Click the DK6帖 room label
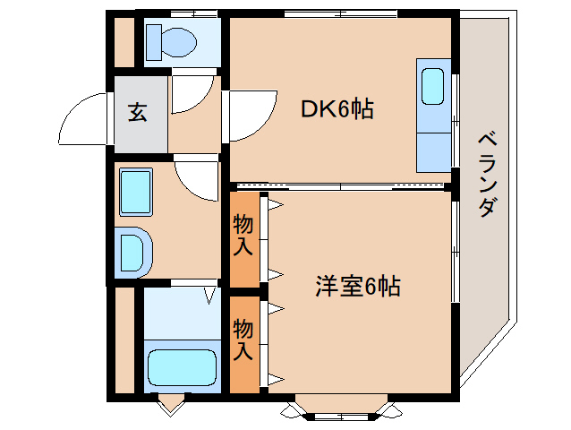tap(337, 109)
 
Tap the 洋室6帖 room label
tap(356, 287)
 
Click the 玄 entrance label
tap(137, 114)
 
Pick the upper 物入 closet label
tap(243, 235)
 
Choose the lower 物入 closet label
tap(243, 339)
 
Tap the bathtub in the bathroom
tap(182, 366)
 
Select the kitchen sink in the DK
tap(433, 88)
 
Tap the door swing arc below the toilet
tap(190, 95)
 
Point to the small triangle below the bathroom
tap(168, 406)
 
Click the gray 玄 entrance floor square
tap(140, 114)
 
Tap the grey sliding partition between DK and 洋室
tap(340, 186)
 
